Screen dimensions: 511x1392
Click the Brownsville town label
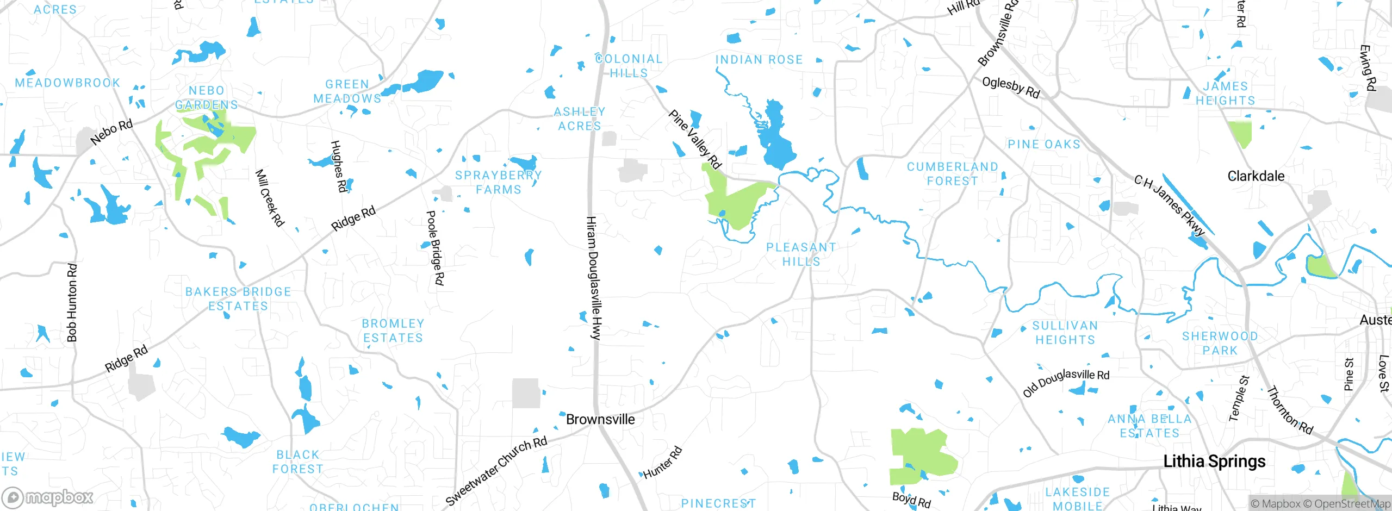tap(600, 419)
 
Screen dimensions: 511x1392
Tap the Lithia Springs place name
tap(1214, 461)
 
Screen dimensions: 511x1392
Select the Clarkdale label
tap(1256, 176)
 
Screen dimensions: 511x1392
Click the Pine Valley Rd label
tap(694, 139)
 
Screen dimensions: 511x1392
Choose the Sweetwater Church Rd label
tap(496, 471)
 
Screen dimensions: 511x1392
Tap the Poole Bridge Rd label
tap(435, 248)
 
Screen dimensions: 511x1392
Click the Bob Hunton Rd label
tap(72, 302)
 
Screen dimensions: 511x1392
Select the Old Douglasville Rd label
tap(1065, 382)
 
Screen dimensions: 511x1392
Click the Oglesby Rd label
tap(1010, 88)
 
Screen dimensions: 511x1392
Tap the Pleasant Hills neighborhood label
tap(800, 254)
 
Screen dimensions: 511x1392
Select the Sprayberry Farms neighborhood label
tap(498, 183)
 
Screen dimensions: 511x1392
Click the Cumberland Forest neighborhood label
tap(952, 174)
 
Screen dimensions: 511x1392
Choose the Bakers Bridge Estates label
tap(238, 299)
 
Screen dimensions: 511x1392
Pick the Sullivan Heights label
tap(1065, 333)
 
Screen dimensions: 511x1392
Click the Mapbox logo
tap(48, 497)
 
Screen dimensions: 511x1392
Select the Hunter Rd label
tap(662, 463)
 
